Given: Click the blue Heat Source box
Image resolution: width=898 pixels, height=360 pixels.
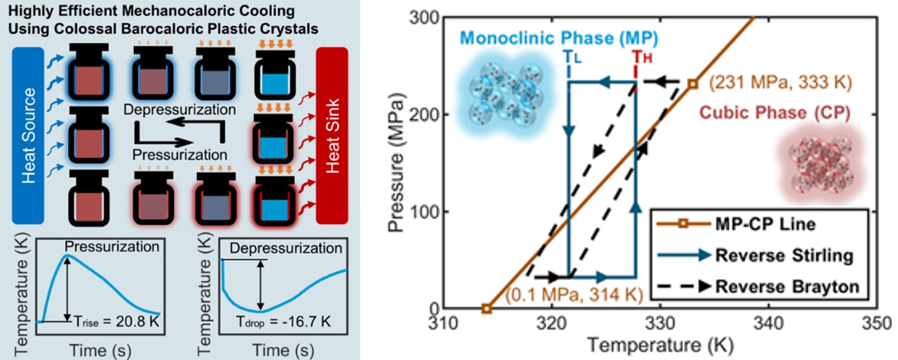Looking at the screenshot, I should coord(28,135).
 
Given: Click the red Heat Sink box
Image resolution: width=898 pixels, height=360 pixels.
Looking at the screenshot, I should coord(332,135).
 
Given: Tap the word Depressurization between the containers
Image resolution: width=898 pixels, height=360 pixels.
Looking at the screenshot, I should coord(180,109).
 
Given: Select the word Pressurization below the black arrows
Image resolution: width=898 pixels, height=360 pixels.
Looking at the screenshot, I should coord(180,155).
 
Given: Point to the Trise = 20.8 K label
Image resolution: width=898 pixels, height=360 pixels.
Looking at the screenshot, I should coord(117,322).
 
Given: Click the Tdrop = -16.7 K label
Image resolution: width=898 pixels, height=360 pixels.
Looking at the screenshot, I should coord(283,322).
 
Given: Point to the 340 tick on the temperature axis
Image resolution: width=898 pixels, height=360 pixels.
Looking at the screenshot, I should coord(768,323).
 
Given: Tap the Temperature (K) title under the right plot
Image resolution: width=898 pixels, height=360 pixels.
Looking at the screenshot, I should coord(660,345).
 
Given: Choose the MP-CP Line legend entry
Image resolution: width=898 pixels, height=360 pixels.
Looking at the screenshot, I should coord(765,224).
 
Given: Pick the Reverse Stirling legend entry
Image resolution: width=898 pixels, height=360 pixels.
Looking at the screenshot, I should coord(784,255).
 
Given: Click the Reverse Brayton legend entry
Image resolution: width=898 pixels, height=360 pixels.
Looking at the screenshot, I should coord(787,287).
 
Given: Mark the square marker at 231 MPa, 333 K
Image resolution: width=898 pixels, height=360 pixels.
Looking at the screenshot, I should coord(693,84).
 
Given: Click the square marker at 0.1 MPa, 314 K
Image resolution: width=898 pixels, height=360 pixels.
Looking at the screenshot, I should coord(486,309).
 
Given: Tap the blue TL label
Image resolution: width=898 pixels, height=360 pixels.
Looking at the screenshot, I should coord(572,58).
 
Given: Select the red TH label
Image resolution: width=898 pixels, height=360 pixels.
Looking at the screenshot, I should coord(642,58).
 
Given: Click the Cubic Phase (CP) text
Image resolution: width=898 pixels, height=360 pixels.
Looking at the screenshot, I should coord(775,113).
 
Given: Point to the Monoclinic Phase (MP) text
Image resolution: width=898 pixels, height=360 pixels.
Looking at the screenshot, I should coord(559,38).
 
